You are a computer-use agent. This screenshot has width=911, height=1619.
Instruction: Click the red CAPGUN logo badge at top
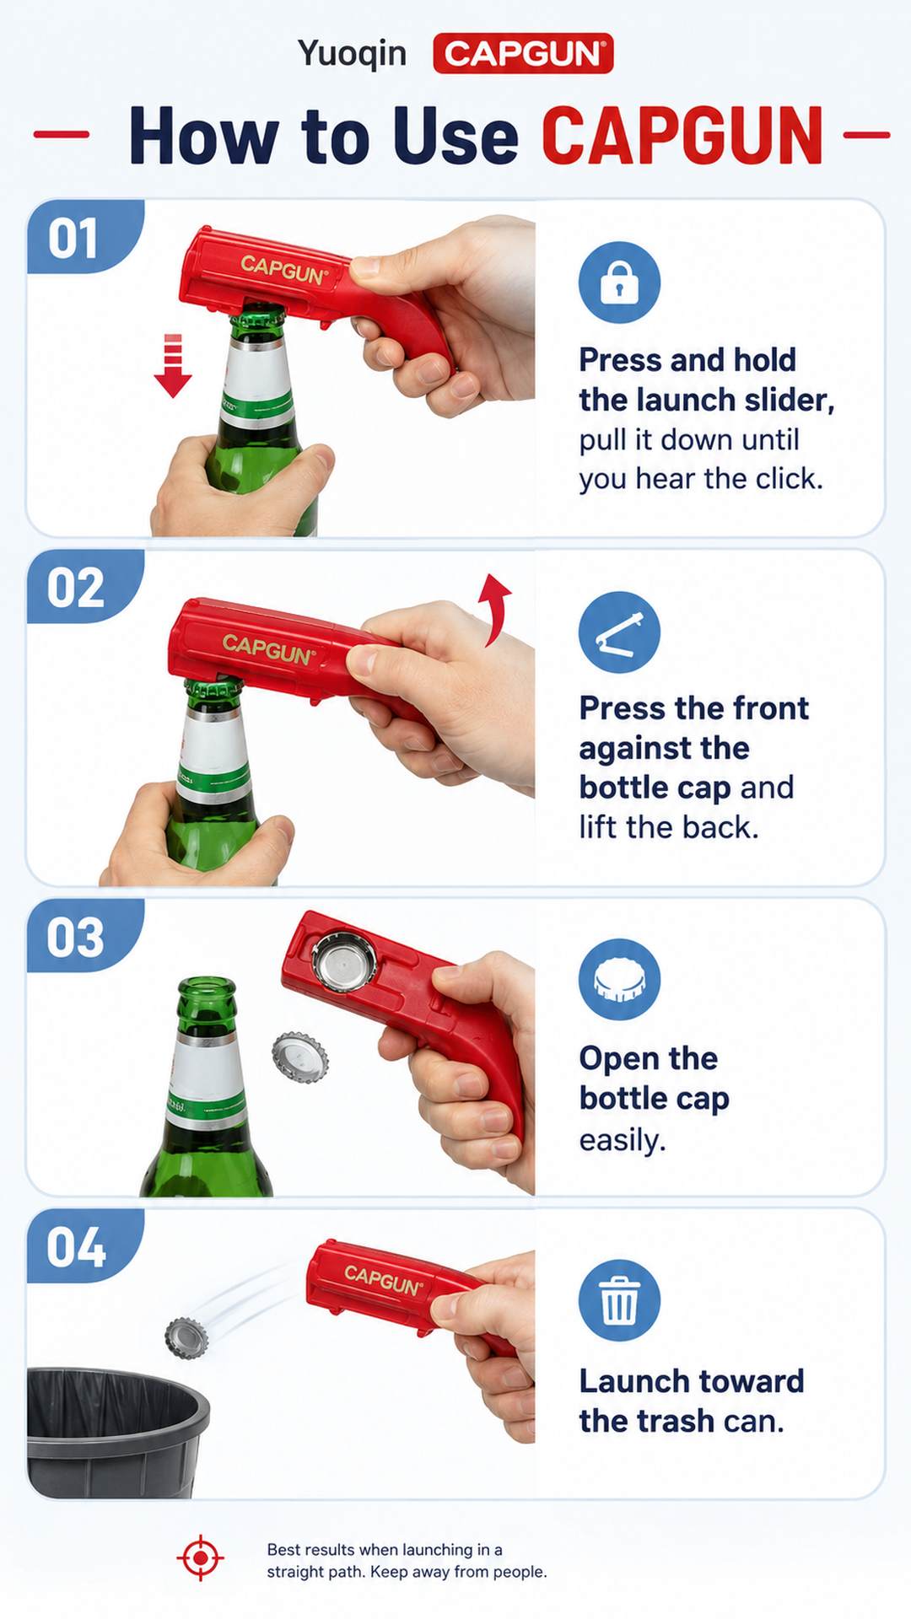tap(523, 54)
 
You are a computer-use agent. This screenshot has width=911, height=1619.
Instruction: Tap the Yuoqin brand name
tap(352, 54)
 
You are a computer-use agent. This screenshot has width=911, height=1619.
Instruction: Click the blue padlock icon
tap(619, 282)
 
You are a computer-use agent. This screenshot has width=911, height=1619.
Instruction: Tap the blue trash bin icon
tap(619, 1300)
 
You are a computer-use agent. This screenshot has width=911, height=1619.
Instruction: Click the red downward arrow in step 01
tap(173, 365)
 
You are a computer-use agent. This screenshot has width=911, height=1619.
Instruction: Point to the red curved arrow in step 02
tap(495, 609)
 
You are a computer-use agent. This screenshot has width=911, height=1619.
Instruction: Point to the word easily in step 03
tap(623, 1141)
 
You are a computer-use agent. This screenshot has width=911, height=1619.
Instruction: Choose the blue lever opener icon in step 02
tap(619, 632)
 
